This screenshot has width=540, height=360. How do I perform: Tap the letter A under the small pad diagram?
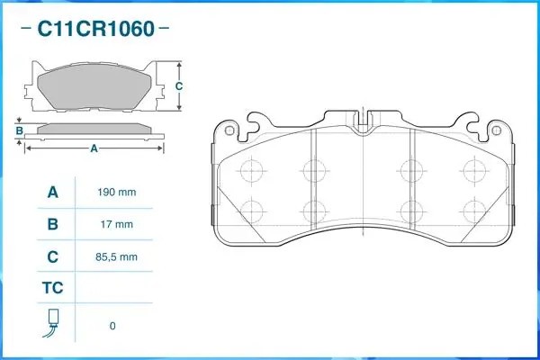[x=94, y=149]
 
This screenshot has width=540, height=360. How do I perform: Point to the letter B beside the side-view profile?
[x=19, y=130]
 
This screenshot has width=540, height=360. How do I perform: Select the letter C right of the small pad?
[x=178, y=86]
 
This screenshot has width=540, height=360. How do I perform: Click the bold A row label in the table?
[x=52, y=192]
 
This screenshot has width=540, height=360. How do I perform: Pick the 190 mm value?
[x=116, y=193]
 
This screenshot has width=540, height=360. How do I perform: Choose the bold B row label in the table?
[x=52, y=224]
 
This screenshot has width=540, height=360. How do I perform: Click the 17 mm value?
[x=116, y=225]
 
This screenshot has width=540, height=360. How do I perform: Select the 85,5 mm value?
[x=116, y=257]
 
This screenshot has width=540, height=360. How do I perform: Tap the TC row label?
[x=52, y=290]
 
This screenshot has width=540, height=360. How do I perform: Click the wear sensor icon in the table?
[x=52, y=324]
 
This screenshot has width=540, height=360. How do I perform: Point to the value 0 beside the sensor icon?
[x=112, y=326]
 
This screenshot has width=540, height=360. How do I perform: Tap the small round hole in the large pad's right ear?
[x=493, y=131]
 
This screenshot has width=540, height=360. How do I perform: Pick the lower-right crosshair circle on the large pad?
[x=471, y=211]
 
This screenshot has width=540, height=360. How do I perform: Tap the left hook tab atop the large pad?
[x=257, y=117]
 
